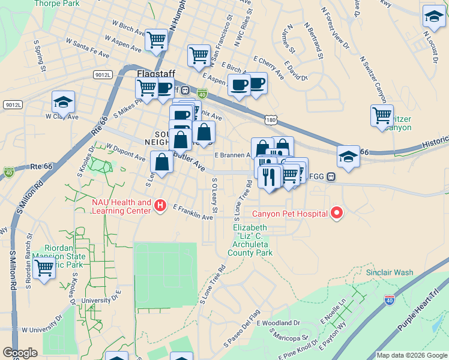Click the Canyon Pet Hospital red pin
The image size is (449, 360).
click(337, 213)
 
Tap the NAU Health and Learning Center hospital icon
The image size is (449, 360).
click(160, 206)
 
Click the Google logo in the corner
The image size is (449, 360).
click(20, 353)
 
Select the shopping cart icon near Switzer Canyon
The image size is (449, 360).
click(382, 115)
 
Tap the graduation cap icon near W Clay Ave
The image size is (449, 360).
click(63, 102)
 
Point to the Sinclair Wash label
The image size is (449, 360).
click(390, 272)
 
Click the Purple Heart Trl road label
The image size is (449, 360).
click(419, 307)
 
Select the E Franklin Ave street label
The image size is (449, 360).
click(193, 212)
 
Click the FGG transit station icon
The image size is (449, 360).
click(331, 177)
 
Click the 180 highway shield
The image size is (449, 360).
click(273, 120)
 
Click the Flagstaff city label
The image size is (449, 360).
click(155, 74)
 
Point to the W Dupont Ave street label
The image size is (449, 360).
click(125, 152)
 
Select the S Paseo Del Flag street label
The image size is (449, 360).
click(242, 328)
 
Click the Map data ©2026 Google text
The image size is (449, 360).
click(412, 355)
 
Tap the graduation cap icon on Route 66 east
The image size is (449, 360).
click(348, 156)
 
